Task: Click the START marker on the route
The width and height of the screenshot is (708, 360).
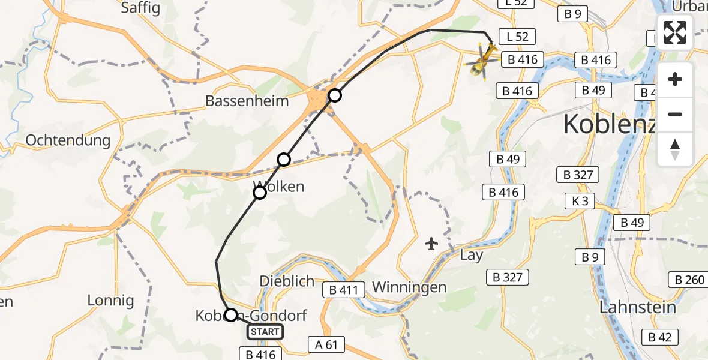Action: tap(265, 332)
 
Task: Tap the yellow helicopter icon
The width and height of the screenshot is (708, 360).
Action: tap(482, 61)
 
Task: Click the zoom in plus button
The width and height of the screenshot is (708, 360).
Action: tap(675, 80)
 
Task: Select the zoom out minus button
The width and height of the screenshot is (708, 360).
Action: tap(675, 114)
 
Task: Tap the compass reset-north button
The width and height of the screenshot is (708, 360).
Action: tap(675, 149)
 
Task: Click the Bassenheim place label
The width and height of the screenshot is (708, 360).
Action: tap(247, 100)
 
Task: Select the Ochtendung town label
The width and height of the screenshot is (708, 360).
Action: tap(68, 140)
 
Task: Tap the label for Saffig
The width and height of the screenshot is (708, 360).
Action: tap(140, 8)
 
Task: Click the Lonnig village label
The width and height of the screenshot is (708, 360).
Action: tap(110, 300)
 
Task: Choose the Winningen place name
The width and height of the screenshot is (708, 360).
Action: tap(409, 287)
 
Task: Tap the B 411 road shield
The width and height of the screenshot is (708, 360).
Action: tap(343, 290)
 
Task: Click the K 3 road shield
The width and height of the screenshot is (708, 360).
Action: tap(580, 201)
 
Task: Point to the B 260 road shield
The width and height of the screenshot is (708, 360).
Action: tap(689, 280)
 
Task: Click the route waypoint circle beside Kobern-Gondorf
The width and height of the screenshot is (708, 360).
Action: tap(230, 314)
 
